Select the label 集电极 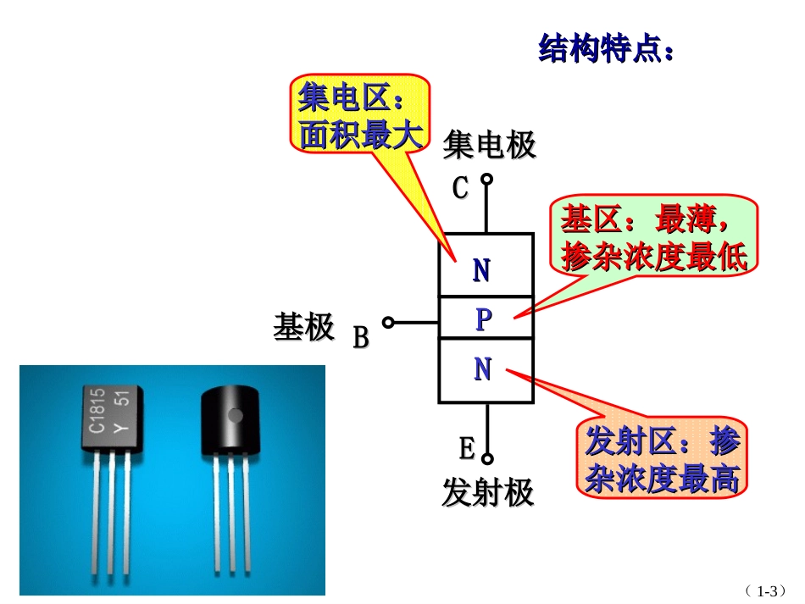[490, 145]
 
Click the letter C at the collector [460, 188]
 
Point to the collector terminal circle [486, 179]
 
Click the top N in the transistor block [481, 271]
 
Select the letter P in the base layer [483, 319]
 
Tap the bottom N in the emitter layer [483, 369]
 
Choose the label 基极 [303, 327]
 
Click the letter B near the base [361, 338]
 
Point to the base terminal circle [388, 322]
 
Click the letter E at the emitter [467, 447]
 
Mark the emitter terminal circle [487, 458]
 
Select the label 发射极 [488, 492]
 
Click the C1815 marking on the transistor [98, 410]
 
